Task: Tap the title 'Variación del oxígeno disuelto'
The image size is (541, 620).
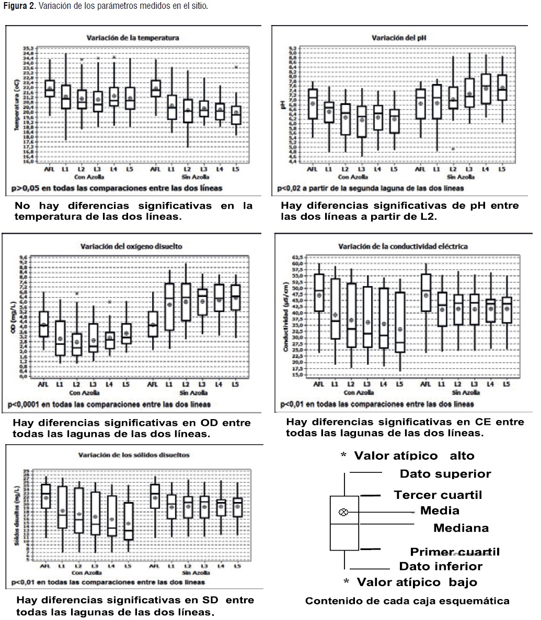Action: [131, 246]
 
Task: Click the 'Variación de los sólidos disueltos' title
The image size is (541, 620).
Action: [134, 455]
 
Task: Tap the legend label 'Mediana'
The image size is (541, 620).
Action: [461, 528]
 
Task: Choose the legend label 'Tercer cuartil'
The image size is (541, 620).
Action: [438, 495]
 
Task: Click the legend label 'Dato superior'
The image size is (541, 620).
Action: [445, 474]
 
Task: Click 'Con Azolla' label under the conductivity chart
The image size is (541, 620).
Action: [358, 392]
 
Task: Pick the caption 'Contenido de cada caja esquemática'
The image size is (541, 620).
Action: [407, 601]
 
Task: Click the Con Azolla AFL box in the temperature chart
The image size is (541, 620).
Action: [50, 89]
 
